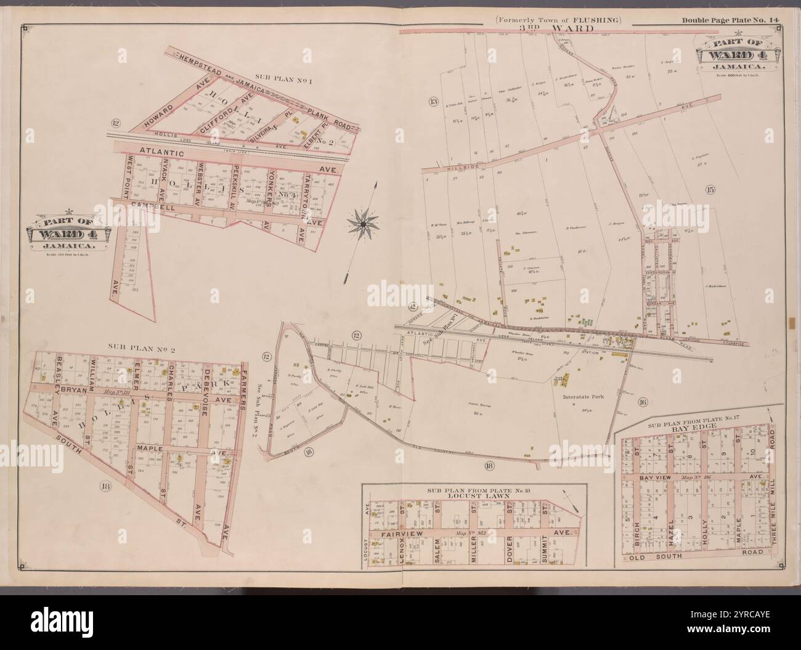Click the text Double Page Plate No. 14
pyautogui.click(x=731, y=20)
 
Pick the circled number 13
pyautogui.click(x=434, y=100)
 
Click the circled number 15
pyautogui.click(x=710, y=190)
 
